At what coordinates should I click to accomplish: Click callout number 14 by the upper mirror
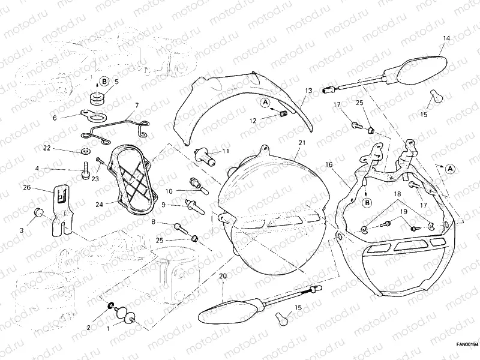(x=446, y=38)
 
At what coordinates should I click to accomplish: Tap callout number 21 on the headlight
(x=301, y=142)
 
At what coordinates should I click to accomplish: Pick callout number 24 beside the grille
(x=99, y=204)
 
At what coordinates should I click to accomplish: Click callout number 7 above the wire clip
(x=136, y=106)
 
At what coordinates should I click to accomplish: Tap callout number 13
(x=308, y=91)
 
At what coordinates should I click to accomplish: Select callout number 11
(x=226, y=151)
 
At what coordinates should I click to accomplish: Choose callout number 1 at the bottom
(x=109, y=329)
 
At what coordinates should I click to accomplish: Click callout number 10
(x=169, y=191)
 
